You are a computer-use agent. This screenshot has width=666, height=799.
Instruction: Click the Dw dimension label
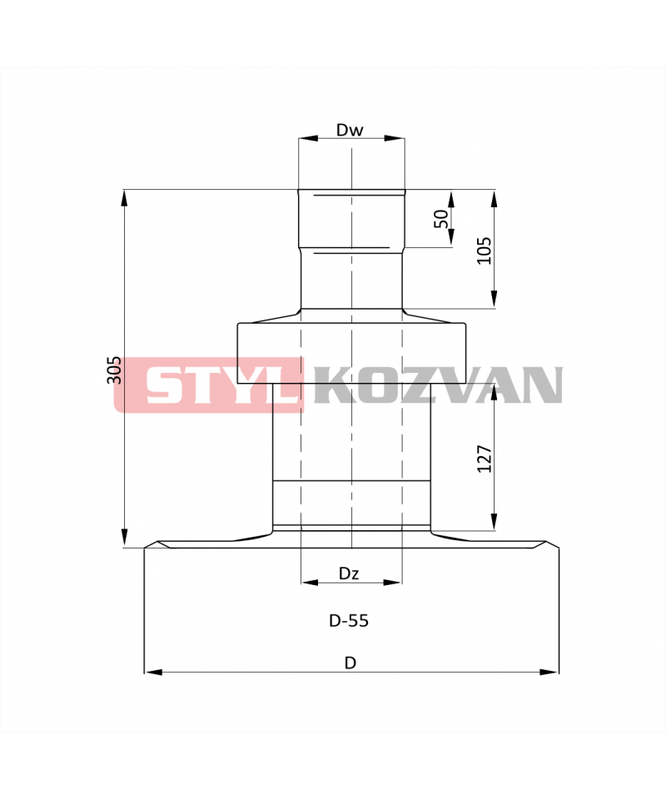pos(350,130)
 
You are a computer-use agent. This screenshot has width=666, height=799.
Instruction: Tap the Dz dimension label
pos(349,573)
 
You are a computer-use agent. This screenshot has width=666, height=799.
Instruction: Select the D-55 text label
pos(349,621)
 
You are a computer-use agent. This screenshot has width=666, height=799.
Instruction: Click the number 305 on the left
pos(113,370)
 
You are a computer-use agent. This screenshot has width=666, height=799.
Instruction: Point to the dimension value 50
pos(441,219)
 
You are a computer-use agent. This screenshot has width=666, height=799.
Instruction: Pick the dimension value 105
pos(484,251)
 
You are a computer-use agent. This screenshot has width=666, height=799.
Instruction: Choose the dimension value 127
pos(485,459)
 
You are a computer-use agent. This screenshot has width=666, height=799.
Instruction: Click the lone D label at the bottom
pos(350,663)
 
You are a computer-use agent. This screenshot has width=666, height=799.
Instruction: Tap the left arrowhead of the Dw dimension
pos(308,138)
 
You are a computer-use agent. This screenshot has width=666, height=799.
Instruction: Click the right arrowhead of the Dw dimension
pos(395,138)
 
